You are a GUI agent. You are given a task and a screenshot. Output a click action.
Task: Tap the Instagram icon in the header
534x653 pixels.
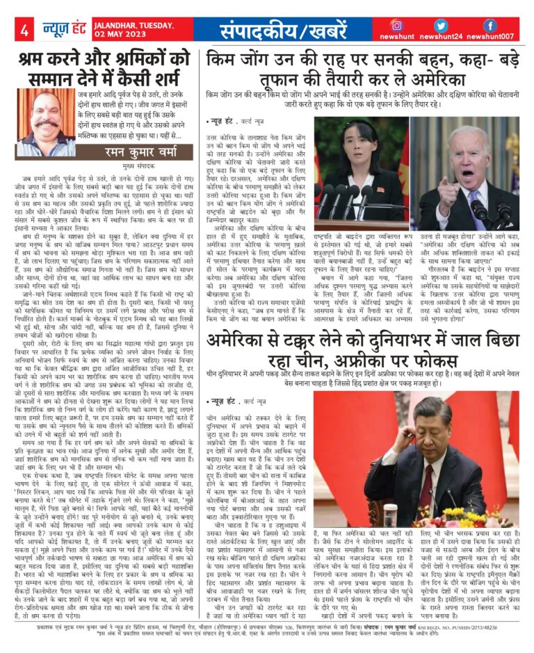396,24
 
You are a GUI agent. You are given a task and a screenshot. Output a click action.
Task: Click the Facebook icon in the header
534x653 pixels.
489,24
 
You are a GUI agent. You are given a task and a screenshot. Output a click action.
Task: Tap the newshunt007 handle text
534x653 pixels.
497,37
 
